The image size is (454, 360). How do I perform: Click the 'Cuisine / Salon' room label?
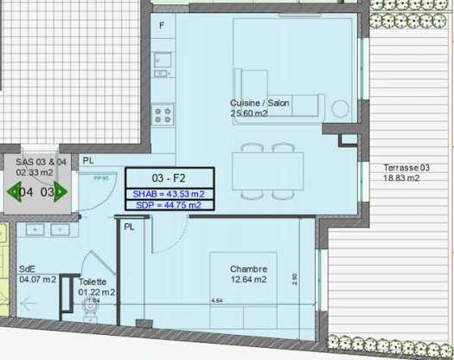click(x=259, y=102)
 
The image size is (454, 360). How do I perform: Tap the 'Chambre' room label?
click(x=249, y=268)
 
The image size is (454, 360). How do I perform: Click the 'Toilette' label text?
click(x=93, y=282)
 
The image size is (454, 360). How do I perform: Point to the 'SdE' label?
click(x=27, y=268)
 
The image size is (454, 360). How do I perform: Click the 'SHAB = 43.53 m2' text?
click(x=168, y=193)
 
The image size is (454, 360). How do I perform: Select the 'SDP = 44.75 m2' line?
click(x=168, y=205)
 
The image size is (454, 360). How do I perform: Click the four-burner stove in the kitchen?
click(x=163, y=115)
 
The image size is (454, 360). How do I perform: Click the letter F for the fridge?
click(x=161, y=25)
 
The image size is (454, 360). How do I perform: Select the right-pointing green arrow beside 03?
click(x=60, y=192)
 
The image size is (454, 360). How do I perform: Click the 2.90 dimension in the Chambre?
click(x=296, y=279)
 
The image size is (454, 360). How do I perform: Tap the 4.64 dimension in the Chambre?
click(x=217, y=299)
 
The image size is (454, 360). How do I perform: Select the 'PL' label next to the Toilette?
click(x=129, y=227)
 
